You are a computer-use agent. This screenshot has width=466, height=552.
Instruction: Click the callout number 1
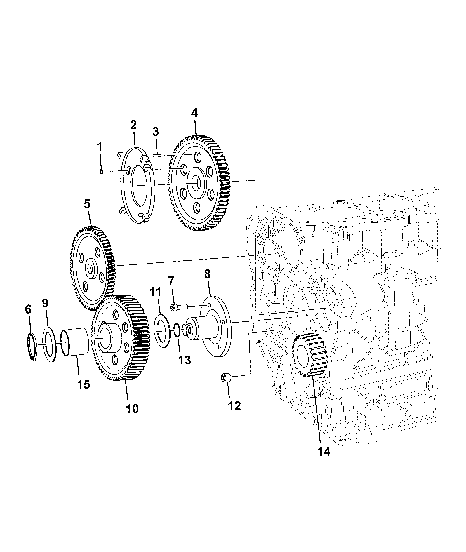100,147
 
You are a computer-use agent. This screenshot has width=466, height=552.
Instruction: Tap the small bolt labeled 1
104,172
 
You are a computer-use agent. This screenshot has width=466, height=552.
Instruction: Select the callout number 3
156,132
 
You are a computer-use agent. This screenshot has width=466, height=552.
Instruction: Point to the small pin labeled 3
157,155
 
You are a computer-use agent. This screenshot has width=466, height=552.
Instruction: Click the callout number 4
194,113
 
